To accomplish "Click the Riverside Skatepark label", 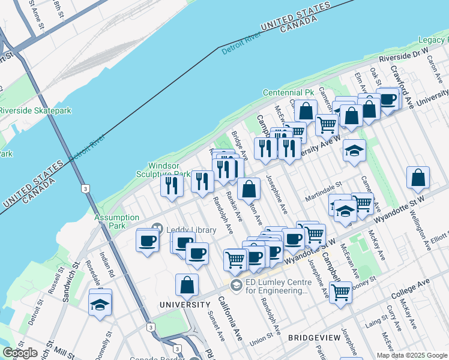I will pos(35,110).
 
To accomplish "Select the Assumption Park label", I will pos(116,221).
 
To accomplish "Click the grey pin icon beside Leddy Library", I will pos(157,229).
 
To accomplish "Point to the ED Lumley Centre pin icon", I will pos(236,284).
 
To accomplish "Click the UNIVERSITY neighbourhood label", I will pos(185,305).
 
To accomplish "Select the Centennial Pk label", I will pos(289,93).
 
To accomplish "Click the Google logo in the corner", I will pos(20,353).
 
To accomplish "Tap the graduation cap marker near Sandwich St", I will pos(100,302).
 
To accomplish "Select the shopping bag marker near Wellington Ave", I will pos(418,178).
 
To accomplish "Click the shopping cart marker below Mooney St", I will pos(340,293).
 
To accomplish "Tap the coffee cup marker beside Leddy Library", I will pos(147,241).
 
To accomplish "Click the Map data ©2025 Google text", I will pos(411,355).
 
